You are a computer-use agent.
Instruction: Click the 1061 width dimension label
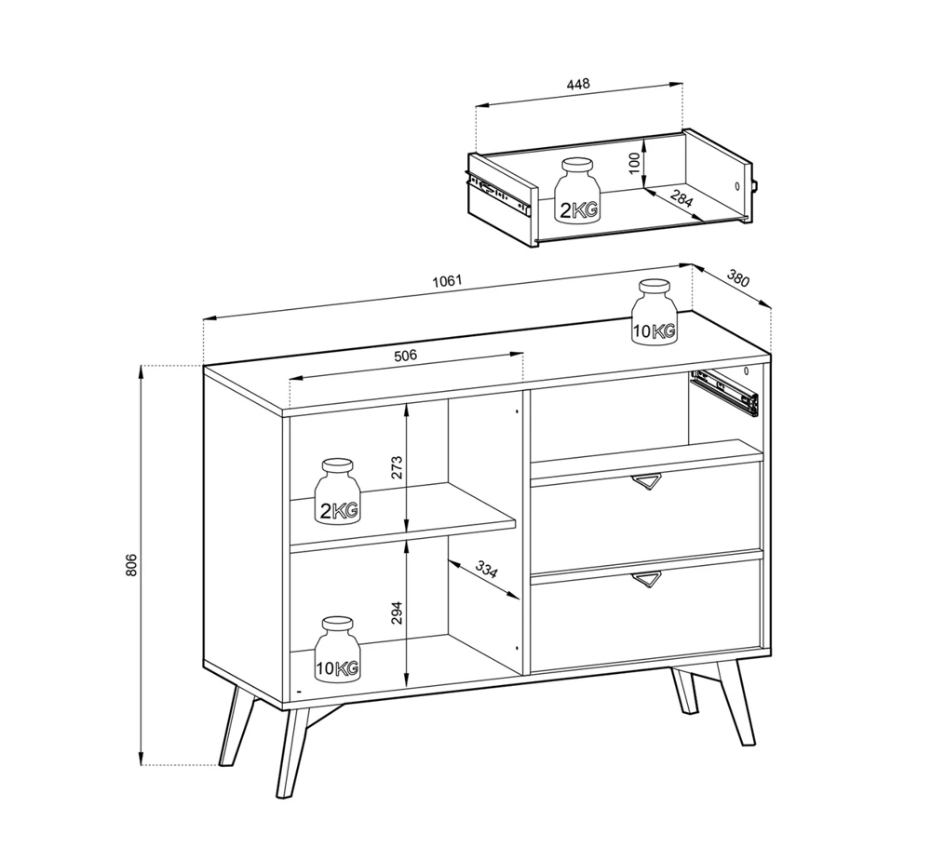pos(447,281)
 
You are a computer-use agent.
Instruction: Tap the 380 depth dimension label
pos(738,278)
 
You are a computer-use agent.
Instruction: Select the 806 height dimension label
pos(131,565)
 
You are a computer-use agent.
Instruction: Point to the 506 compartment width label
pos(406,356)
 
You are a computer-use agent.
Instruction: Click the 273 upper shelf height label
pos(398,467)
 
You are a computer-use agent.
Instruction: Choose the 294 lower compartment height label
pos(398,612)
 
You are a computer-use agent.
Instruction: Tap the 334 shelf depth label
pos(486,570)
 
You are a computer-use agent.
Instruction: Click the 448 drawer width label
pos(578,84)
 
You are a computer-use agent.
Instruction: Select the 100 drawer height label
pos(634,163)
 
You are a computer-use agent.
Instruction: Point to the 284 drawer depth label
pos(682,197)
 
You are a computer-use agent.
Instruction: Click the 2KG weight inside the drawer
pos(577,190)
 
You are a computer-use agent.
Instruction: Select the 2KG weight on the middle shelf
pos(337,491)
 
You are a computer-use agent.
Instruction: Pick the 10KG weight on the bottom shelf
pos(337,649)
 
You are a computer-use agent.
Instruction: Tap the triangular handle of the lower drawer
pos(646,580)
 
